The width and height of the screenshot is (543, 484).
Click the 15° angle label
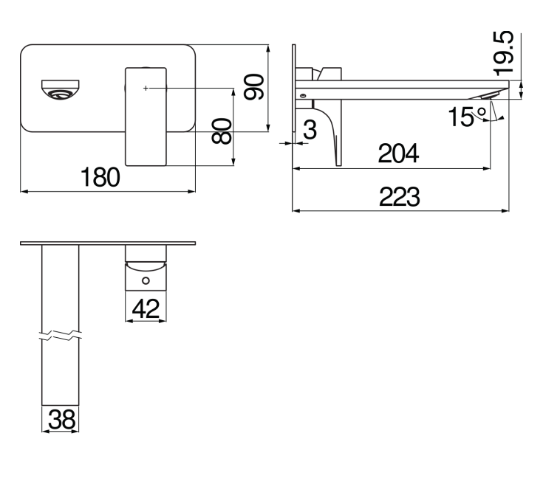click(468, 115)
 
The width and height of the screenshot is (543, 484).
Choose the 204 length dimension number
click(398, 154)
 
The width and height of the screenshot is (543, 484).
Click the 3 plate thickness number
click(310, 131)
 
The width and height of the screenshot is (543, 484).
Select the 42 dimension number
click(146, 308)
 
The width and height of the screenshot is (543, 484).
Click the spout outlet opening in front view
click(59, 89)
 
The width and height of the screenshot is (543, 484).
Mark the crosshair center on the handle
click(146, 88)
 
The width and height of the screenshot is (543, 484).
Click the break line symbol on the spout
click(60, 338)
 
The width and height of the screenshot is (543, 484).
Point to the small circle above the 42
click(146, 281)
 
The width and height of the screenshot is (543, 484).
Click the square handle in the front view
click(146, 117)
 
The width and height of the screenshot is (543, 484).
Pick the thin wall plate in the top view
click(109, 243)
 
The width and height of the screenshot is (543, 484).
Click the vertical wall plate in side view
click(296, 89)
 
